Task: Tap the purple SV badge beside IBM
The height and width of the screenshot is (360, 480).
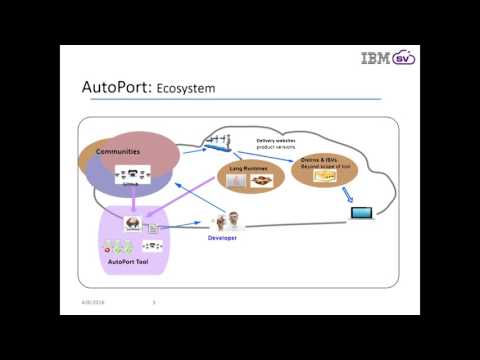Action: click(405, 58)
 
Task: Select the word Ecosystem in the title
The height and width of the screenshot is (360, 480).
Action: click(185, 89)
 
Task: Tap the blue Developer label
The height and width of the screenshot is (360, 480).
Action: click(222, 238)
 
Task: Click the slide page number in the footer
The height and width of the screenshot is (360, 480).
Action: click(153, 302)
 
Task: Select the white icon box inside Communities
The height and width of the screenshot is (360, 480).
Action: click(132, 177)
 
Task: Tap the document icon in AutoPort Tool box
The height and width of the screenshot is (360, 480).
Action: click(151, 228)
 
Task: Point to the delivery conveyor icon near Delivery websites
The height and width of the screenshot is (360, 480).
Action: click(219, 142)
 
